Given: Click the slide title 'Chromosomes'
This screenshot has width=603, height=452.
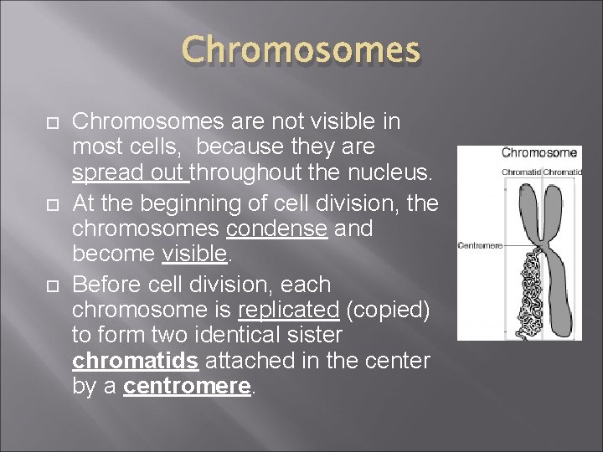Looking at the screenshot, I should (x=301, y=50).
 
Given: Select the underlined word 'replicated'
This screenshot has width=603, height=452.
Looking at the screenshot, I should (x=288, y=311).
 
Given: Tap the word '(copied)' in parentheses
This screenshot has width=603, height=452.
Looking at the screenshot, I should (x=387, y=311).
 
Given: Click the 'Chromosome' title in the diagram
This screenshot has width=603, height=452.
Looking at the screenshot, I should (x=539, y=152).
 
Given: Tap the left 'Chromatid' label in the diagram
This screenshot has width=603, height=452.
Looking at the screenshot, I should (x=520, y=172).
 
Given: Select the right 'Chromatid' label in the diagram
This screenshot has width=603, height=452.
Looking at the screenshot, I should (x=563, y=172).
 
